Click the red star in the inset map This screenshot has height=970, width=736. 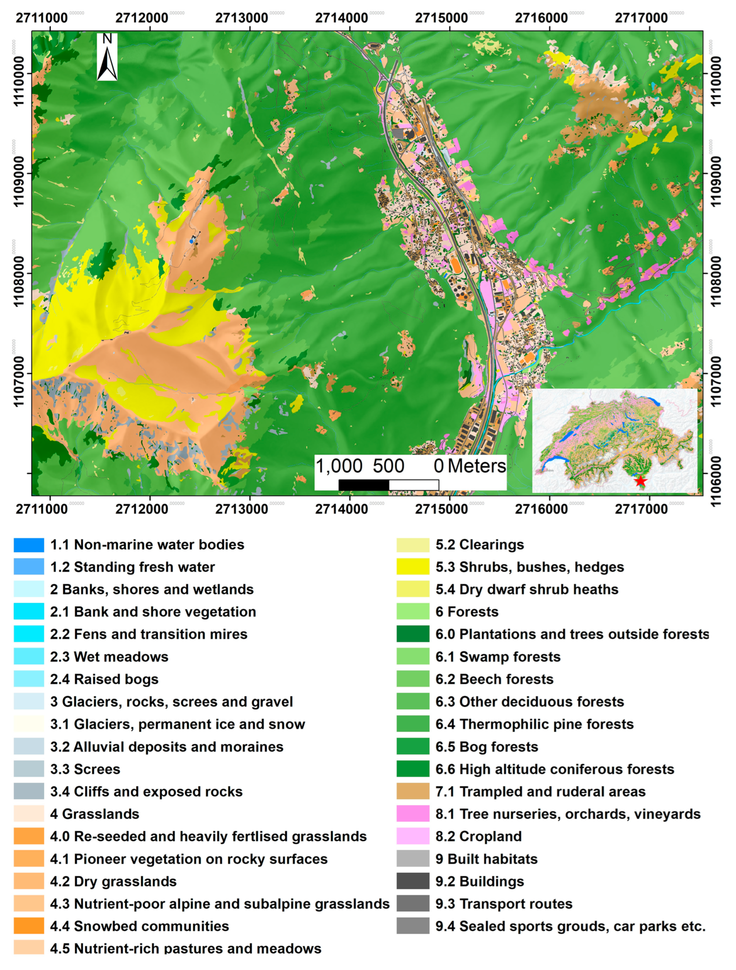pos(640,481)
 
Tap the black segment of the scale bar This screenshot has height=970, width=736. pos(363,485)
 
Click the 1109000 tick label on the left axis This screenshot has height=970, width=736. pos(18,173)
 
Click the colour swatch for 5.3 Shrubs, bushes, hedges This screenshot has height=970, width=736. pos(413,567)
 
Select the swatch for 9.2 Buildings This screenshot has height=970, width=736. pos(413,881)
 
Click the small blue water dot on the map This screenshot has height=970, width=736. pos(191,241)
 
